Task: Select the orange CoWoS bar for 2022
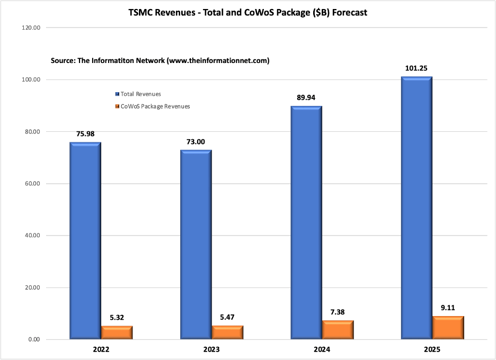(x=117, y=332)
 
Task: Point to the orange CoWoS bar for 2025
(x=448, y=327)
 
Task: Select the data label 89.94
(x=306, y=97)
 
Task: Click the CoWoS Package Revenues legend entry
(x=152, y=106)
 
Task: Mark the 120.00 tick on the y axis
(x=31, y=28)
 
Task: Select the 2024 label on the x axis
(x=322, y=350)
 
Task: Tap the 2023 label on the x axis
(x=211, y=350)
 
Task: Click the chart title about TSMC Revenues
(x=247, y=12)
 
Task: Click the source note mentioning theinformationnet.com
(x=160, y=61)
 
